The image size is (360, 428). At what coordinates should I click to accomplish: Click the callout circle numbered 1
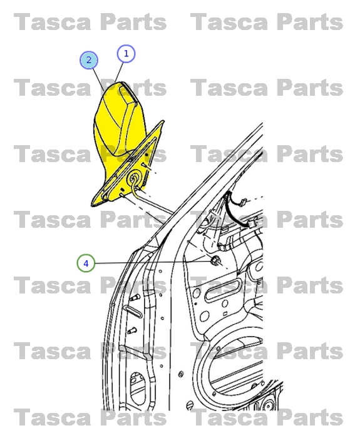pyautogui.click(x=126, y=54)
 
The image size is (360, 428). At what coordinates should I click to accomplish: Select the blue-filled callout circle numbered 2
pyautogui.click(x=89, y=60)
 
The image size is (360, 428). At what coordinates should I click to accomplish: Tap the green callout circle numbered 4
pyautogui.click(x=86, y=263)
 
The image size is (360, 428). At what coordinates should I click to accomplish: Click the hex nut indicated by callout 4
pyautogui.click(x=215, y=261)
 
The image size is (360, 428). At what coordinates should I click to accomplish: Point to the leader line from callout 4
pyautogui.click(x=153, y=262)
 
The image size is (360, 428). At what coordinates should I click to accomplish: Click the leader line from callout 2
pyautogui.click(x=98, y=79)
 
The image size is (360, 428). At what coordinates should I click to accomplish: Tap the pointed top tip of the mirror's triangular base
pyautogui.click(x=163, y=121)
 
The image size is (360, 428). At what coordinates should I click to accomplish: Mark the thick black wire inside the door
pyautogui.click(x=235, y=210)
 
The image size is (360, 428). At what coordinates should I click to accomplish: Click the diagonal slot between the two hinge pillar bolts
pyautogui.click(x=133, y=312)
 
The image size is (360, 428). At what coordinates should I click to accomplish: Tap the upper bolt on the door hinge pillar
pyautogui.click(x=134, y=297)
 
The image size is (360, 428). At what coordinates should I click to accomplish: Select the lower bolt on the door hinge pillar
pyautogui.click(x=131, y=331)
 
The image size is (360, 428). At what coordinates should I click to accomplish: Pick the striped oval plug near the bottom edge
pyautogui.click(x=189, y=405)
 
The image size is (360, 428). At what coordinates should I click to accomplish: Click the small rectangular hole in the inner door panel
pyautogui.click(x=225, y=314)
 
